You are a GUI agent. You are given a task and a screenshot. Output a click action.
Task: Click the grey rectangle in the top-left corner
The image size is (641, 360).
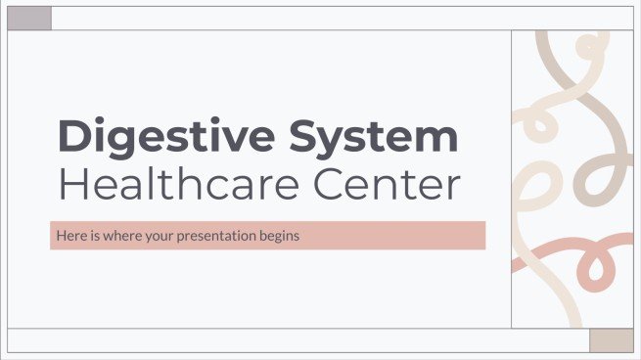28,17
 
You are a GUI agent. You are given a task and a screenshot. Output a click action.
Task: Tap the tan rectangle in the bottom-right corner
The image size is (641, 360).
611,339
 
